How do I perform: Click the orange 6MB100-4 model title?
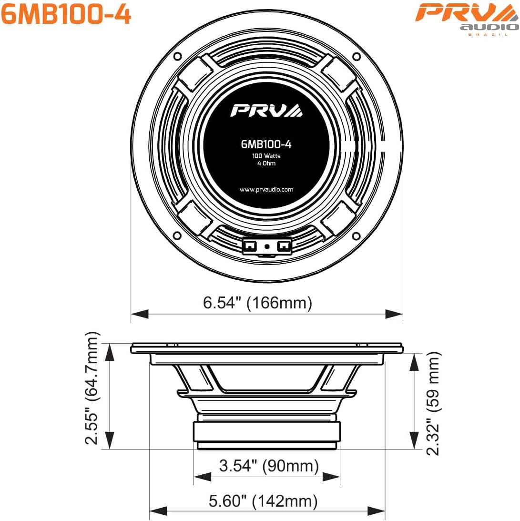[66, 15]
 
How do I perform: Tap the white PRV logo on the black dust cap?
[266, 110]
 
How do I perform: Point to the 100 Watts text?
[266, 156]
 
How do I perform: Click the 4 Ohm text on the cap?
[266, 163]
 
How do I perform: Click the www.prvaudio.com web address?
[266, 189]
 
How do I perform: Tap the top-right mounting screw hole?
[357, 56]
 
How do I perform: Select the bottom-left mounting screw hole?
[177, 235]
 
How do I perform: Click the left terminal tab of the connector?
[249, 245]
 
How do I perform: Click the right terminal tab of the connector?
[284, 245]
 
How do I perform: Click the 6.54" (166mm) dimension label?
[257, 303]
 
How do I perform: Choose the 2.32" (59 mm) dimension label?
[433, 403]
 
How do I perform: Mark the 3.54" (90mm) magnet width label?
[268, 465]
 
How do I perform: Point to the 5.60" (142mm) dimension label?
[263, 501]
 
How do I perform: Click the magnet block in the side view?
[266, 432]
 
